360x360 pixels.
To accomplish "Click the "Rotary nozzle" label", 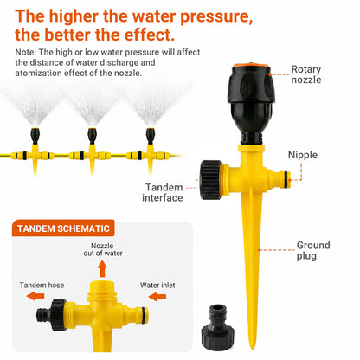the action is coord(306,74).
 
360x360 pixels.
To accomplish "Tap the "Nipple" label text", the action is coord(303,155).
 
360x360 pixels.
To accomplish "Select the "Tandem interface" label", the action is coord(163,192).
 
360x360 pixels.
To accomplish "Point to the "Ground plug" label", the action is coord(313,251).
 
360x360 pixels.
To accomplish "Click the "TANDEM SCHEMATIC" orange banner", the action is coord(63,228).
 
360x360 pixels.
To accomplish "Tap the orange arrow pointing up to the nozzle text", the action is coord(102,268).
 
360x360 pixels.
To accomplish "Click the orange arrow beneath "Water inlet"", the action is coord(157,296).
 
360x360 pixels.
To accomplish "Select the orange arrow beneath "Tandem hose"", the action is coord(35,296).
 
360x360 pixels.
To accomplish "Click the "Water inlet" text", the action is coord(157,285).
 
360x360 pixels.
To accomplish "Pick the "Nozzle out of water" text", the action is coord(103,249).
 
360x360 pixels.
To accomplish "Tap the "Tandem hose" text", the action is coord(42,285).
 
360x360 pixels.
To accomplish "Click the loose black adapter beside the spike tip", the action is coord(218,327).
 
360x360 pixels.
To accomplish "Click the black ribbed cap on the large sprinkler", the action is coord(210,180).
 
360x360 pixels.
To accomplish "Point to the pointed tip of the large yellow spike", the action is coord(253,348).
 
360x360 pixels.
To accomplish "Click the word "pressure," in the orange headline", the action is coord(216,16).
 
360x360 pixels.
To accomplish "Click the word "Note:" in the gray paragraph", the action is coord(25,52).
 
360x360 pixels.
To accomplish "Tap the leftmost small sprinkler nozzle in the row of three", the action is coord(35,136).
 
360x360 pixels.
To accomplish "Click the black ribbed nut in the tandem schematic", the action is coord(58,315).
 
